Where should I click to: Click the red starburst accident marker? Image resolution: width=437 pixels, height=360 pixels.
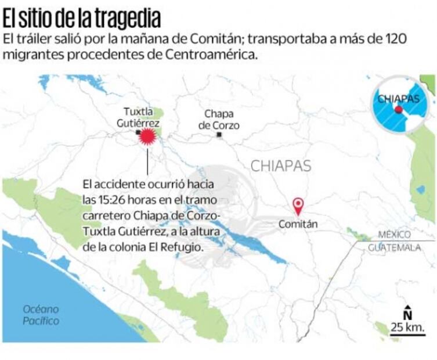pyautogui.click(x=149, y=136)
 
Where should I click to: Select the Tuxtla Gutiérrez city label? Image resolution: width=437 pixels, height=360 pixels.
pyautogui.click(x=142, y=117)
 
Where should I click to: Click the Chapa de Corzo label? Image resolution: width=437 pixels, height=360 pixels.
pyautogui.click(x=219, y=120)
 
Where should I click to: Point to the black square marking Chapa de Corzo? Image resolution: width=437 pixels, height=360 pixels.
pyautogui.click(x=219, y=135)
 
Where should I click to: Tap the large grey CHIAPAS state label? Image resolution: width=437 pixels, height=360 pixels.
pyautogui.click(x=281, y=166)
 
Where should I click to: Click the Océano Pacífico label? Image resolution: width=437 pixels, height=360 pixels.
pyautogui.click(x=41, y=315)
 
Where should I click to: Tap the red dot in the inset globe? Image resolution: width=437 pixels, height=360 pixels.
pyautogui.click(x=399, y=109)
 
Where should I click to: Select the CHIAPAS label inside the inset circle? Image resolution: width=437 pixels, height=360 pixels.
pyautogui.click(x=398, y=99)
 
